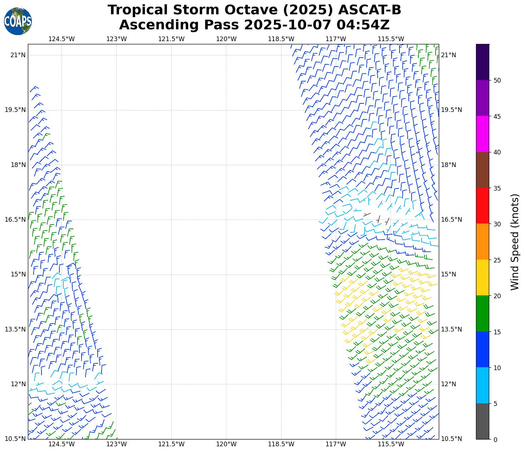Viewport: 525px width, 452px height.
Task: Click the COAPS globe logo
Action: (x=18, y=21)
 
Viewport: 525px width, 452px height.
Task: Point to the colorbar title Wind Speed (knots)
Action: (x=515, y=242)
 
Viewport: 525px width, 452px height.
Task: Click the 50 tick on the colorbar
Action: (x=497, y=80)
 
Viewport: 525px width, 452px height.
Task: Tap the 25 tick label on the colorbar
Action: (x=497, y=260)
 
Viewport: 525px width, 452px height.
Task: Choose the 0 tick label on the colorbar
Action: (x=495, y=439)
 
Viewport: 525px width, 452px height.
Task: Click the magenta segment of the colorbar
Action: (x=482, y=134)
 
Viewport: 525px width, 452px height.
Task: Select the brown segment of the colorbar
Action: (x=482, y=170)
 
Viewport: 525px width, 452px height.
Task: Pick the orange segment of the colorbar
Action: (x=482, y=242)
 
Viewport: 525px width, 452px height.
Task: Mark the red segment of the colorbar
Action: (x=482, y=206)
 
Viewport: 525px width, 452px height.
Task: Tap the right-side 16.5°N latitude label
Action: (x=451, y=220)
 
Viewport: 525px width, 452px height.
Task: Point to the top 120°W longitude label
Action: (x=226, y=39)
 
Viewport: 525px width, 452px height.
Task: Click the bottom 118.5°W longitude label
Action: (x=281, y=444)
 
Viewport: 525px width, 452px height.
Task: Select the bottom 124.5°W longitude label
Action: (x=62, y=444)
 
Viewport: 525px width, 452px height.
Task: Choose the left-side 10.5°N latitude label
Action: (x=15, y=439)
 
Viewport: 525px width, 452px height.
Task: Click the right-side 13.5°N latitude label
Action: (x=451, y=329)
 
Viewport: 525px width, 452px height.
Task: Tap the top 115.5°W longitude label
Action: (x=391, y=39)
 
